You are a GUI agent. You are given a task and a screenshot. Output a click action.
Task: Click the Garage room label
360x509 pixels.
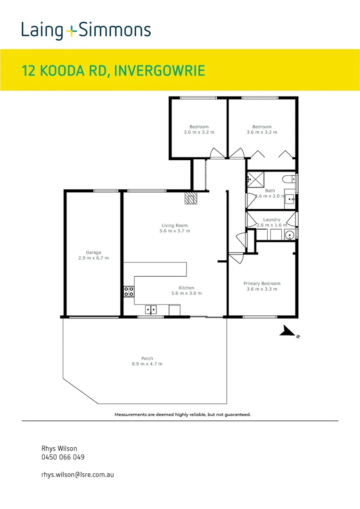93,253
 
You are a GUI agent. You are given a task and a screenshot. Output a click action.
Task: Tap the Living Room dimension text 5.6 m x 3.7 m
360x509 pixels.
174,231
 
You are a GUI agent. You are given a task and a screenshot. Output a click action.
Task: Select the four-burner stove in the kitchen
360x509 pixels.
129,292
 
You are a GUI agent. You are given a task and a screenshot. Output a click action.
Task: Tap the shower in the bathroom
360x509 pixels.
255,180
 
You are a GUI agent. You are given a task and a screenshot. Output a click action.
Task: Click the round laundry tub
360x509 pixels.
290,234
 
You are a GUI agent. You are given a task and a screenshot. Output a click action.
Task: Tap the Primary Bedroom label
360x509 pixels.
262,283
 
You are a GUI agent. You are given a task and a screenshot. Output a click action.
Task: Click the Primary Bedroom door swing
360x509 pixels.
235,259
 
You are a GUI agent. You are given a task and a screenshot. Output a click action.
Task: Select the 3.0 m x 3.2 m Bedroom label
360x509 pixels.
199,127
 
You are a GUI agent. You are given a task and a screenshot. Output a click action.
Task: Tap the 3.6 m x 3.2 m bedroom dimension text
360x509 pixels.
262,132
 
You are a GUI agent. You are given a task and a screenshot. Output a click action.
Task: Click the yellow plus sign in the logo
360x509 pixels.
71,32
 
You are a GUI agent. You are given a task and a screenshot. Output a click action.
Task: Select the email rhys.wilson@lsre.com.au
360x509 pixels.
78,475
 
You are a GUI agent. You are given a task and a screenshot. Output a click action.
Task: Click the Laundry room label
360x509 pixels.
272,220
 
